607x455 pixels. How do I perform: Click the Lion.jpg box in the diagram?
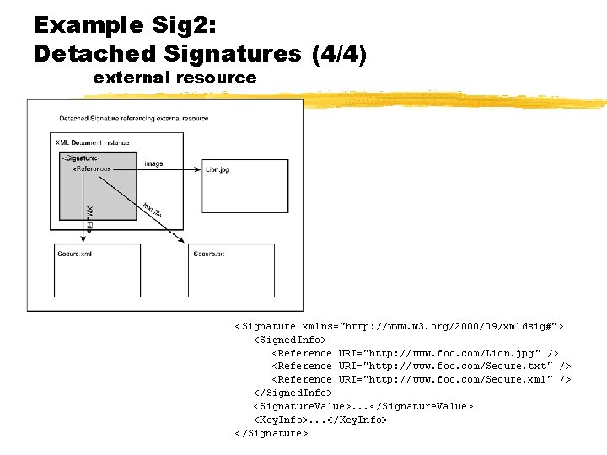click(244, 185)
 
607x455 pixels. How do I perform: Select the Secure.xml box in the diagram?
click(98, 270)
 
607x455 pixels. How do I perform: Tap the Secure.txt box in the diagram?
click(231, 270)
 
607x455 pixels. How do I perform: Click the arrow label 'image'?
click(153, 163)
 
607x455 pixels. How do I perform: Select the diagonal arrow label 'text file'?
click(152, 210)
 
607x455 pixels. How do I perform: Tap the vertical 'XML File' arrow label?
click(89, 218)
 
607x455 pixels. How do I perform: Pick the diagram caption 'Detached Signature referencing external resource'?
click(134, 118)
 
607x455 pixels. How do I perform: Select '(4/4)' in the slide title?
click(339, 54)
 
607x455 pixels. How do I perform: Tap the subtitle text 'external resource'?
click(175, 78)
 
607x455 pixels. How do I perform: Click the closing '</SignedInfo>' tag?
click(293, 393)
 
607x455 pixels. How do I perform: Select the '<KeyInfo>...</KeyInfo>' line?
click(320, 420)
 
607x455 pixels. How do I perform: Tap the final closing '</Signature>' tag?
click(271, 433)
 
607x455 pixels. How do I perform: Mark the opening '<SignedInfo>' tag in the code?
click(290, 339)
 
